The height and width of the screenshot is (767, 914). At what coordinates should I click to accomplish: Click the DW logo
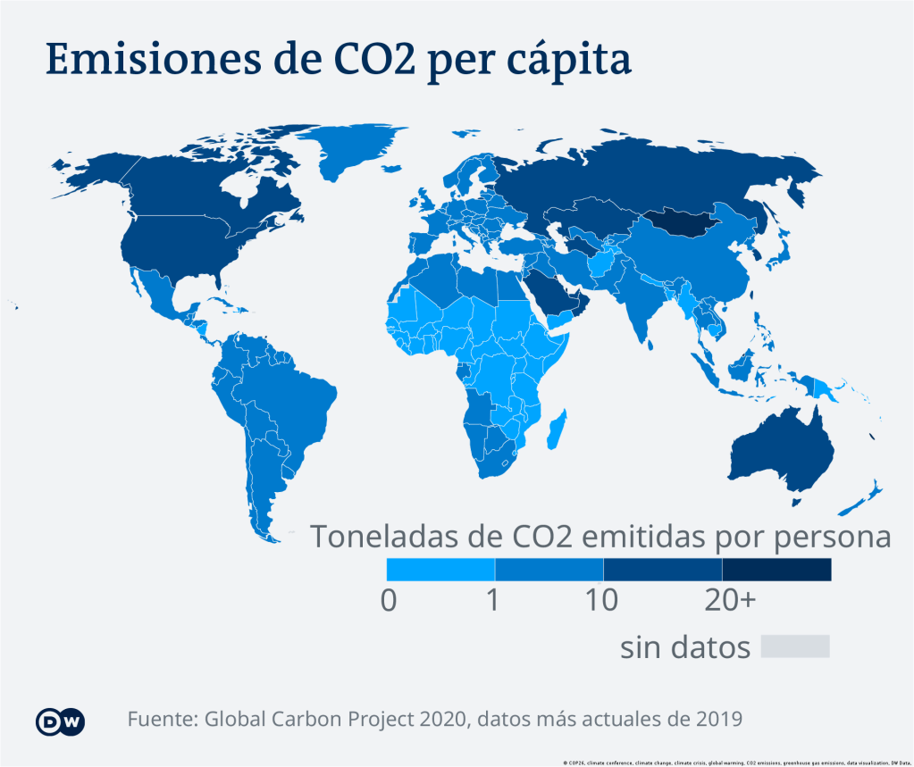pyautogui.click(x=61, y=721)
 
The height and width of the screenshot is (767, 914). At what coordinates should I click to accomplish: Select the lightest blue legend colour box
pyautogui.click(x=440, y=570)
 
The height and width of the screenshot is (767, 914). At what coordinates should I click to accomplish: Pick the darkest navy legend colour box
pyautogui.click(x=776, y=570)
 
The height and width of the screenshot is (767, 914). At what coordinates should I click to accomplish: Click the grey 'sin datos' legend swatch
pyautogui.click(x=795, y=646)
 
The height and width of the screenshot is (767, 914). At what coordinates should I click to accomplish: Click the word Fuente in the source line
pyautogui.click(x=163, y=719)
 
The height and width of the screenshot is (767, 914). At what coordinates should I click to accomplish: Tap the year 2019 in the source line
pyautogui.click(x=715, y=719)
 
